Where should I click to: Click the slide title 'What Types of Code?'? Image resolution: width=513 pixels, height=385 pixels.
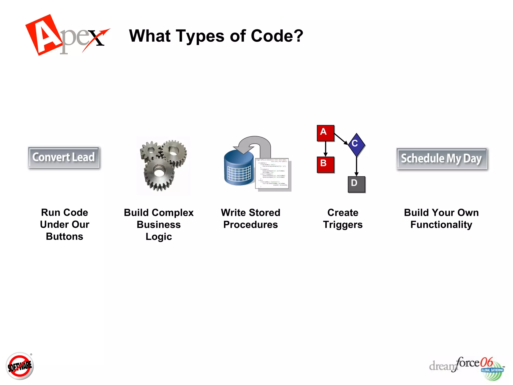pyautogui.click(x=216, y=36)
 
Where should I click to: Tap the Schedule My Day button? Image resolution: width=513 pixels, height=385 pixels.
pyautogui.click(x=442, y=158)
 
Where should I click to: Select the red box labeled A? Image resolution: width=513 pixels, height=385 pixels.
pyautogui.click(x=325, y=133)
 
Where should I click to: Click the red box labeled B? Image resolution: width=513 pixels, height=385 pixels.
pyautogui.click(x=325, y=164)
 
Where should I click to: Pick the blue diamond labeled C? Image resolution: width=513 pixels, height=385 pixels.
pyautogui.click(x=356, y=145)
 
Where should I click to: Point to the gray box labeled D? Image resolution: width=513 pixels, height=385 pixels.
pyautogui.click(x=356, y=184)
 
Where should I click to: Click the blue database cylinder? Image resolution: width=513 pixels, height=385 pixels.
pyautogui.click(x=239, y=168)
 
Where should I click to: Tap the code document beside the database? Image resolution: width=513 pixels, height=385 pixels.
pyautogui.click(x=273, y=173)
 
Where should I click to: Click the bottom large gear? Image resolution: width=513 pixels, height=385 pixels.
pyautogui.click(x=159, y=173)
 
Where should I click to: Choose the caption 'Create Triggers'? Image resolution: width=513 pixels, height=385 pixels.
pyautogui.click(x=343, y=219)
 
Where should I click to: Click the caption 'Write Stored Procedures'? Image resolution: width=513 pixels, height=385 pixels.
pyautogui.click(x=250, y=219)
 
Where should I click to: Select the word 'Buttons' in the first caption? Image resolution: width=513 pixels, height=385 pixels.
pyautogui.click(x=65, y=236)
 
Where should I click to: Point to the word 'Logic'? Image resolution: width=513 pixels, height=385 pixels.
pyautogui.click(x=159, y=237)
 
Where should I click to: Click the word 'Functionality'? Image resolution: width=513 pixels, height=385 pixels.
pyautogui.click(x=441, y=225)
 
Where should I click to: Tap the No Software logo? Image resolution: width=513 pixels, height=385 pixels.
pyautogui.click(x=20, y=366)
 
